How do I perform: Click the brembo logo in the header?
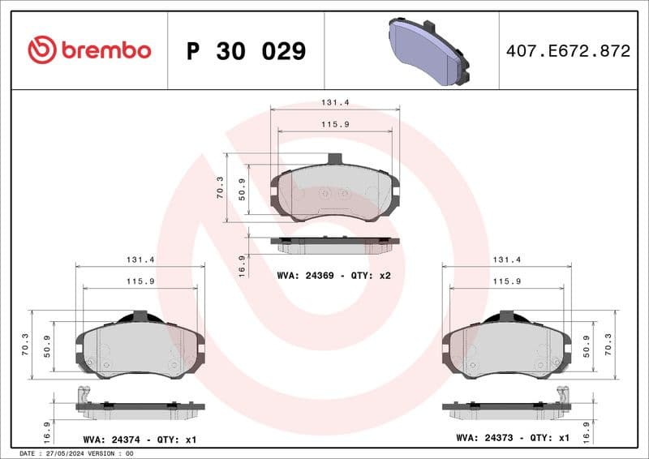[x=89, y=50]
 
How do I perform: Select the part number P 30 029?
[x=246, y=51]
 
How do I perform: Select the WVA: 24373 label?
[x=484, y=439]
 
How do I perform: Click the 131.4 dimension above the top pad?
[x=334, y=103]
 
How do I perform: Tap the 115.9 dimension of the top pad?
[x=334, y=124]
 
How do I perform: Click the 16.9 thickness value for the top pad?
[x=242, y=266]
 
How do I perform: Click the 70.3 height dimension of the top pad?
[x=220, y=187]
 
